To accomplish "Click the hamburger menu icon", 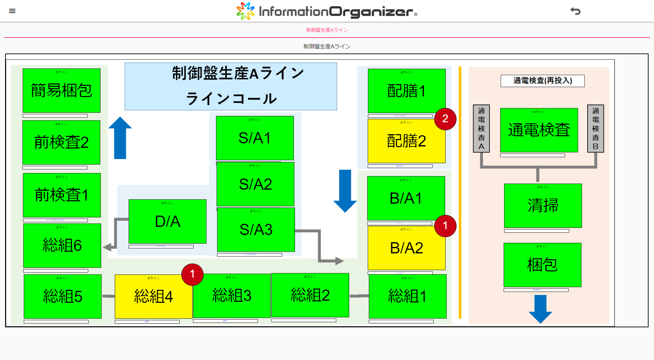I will pos(12,11).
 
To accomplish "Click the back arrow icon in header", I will pos(575,11).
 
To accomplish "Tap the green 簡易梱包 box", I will pos(61,91).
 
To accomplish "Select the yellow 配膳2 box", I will pos(406,141).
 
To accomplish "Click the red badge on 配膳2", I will pos(445,119).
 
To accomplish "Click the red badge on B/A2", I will pos(445,226).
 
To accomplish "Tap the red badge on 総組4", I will pos(192,274).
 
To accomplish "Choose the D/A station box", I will pos(167,221).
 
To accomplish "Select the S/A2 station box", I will pos(255,184).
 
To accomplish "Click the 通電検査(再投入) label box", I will pos(542,81).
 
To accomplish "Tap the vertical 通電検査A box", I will pos(481,128).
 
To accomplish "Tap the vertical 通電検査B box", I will pos(595,128).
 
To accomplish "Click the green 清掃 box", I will pos(543,206).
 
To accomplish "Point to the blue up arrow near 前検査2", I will pos(120,138).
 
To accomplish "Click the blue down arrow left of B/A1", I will pos(345,191).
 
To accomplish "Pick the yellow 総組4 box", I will pos(153,296).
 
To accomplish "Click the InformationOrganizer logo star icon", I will pos(245,11).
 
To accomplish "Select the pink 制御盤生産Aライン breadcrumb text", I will pos(327,30).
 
